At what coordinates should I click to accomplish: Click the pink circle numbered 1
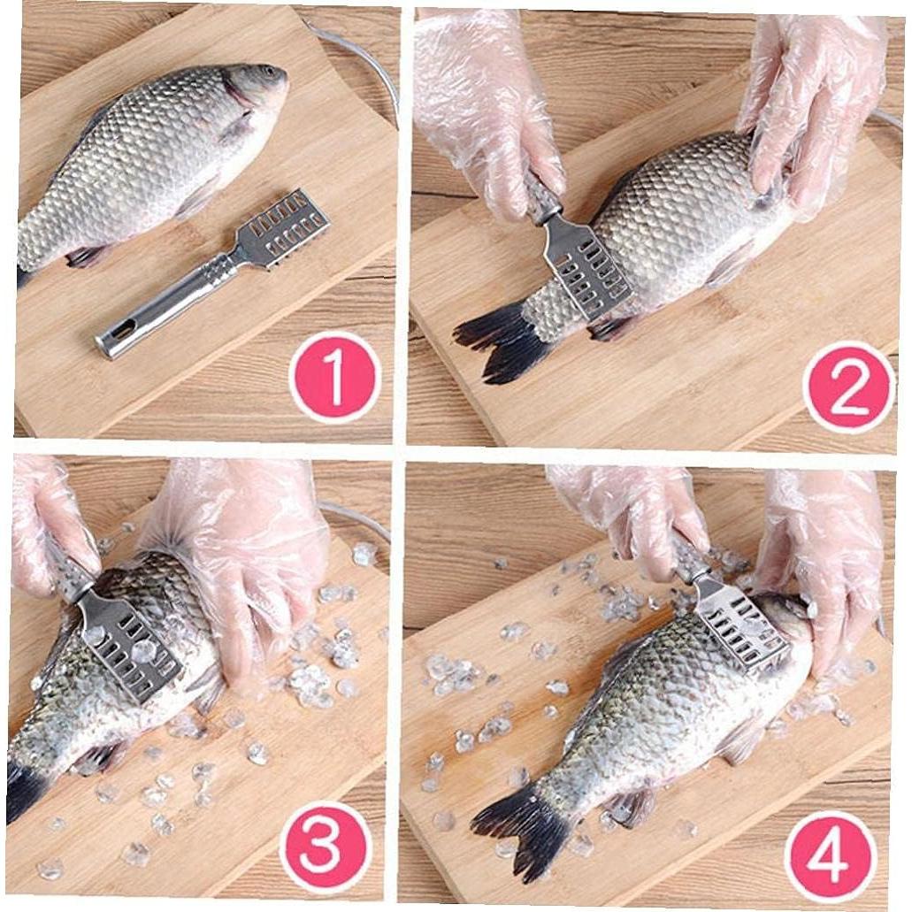click(x=335, y=377)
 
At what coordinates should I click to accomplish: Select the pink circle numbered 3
click(x=324, y=845)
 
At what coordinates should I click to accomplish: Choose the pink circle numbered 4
click(x=830, y=855)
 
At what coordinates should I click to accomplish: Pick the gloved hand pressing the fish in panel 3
click(x=252, y=566)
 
